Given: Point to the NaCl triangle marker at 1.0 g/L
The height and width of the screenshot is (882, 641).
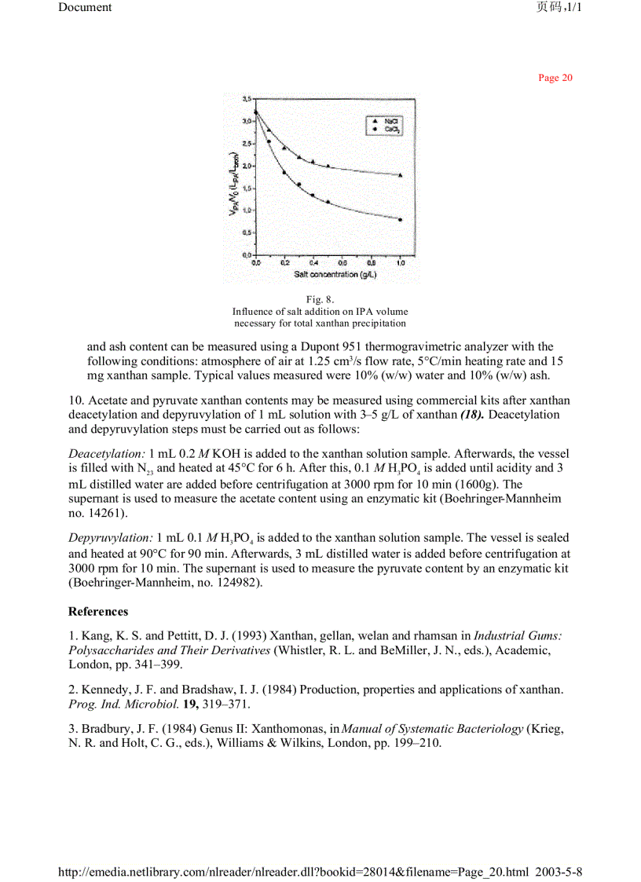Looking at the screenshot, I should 400,175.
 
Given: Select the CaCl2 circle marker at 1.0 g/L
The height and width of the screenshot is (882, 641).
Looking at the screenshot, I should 400,220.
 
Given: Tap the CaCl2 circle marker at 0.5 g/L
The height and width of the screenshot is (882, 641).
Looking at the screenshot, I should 328,202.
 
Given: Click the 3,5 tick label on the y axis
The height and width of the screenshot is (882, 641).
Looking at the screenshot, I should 247,99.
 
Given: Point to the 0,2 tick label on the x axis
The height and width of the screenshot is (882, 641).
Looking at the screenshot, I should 285,264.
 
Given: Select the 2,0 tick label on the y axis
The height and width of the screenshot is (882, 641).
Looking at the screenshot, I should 247,166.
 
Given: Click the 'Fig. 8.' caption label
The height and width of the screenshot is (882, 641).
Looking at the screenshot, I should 320,299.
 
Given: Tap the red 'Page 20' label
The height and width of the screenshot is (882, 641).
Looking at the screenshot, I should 555,78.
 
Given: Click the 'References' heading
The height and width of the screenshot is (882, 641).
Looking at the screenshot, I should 98,611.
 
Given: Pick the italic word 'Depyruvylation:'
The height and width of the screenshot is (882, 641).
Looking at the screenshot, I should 111,538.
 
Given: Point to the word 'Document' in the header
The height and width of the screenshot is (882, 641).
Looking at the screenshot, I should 85,7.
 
